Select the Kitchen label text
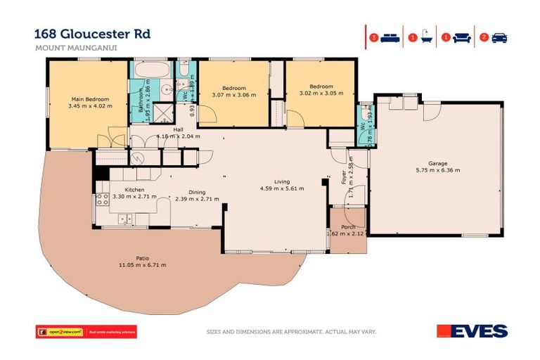tap(134, 190)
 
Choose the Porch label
tap(348, 227)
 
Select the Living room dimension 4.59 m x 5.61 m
tap(281, 188)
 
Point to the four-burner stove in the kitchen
tap(101, 199)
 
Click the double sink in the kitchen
tap(125, 219)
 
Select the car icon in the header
tap(499, 37)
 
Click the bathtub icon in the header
tap(426, 37)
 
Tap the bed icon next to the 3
tap(390, 37)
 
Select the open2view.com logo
tap(60, 331)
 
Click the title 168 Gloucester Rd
tap(92, 33)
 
